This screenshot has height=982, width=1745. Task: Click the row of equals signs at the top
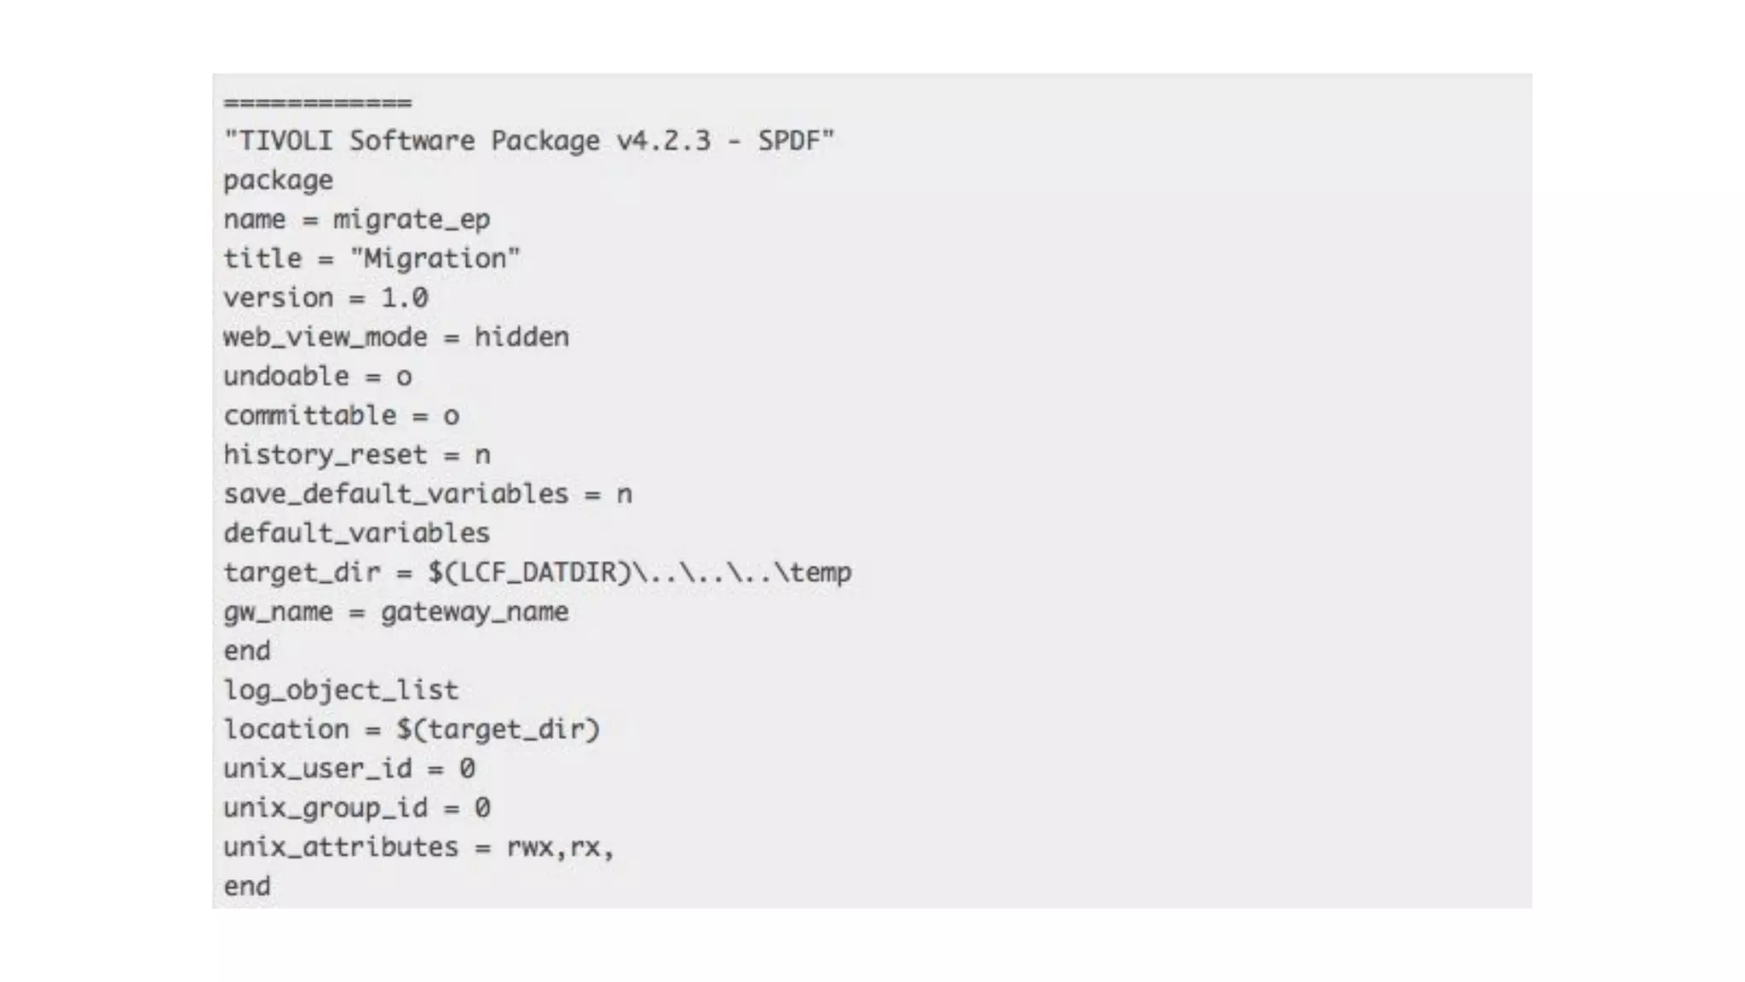coord(317,103)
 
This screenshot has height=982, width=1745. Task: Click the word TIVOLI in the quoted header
coord(285,141)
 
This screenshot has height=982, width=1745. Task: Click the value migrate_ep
coord(412,220)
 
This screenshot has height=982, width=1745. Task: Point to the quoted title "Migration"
coord(435,258)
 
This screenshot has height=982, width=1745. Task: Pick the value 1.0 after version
coord(404,297)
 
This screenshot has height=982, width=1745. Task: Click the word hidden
coord(521,337)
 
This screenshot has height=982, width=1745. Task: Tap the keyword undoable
coord(286,376)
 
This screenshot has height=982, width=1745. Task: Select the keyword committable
coord(310,415)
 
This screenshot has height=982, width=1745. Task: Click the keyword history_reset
coord(325,455)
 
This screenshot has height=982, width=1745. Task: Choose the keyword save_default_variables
coord(395,494)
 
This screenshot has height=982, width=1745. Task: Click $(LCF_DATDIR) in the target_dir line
coord(529,572)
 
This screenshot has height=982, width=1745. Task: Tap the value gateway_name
coord(474,612)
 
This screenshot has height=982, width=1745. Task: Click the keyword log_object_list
coord(341,690)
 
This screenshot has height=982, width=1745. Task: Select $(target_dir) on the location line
coord(498,730)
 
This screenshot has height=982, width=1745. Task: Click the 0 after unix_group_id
coord(482,808)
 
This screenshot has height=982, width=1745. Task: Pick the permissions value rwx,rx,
coord(560,847)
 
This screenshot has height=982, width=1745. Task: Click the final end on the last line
coord(247,887)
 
